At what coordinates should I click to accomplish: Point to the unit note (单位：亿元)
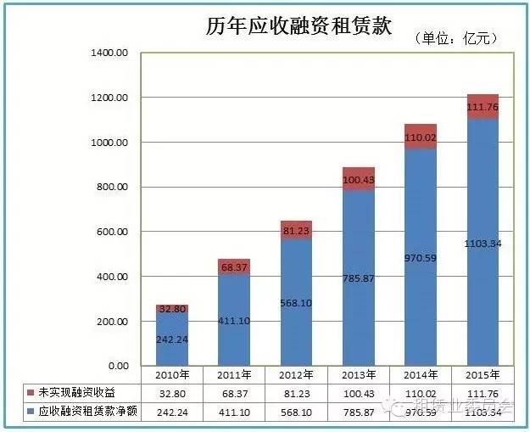pos(455,38)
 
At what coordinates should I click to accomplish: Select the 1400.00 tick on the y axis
pos(109,53)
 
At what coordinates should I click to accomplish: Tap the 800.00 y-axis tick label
pos(111,187)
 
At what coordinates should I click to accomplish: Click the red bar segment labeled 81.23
pos(296,232)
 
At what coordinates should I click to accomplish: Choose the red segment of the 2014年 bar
pos(420,137)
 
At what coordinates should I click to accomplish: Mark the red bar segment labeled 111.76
pos(482,107)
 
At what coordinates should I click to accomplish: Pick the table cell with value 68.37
pos(233,391)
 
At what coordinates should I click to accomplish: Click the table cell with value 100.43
pos(358,391)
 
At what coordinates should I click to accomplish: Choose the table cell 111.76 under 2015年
pos(482,391)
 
